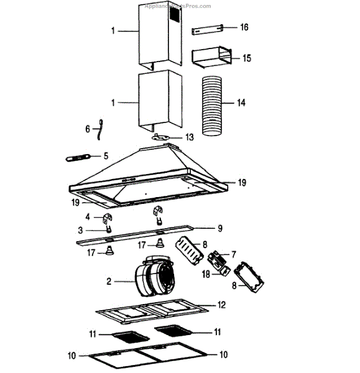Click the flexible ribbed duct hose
click(x=216, y=103)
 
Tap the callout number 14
click(x=242, y=102)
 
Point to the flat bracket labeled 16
click(x=206, y=29)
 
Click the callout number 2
click(x=109, y=282)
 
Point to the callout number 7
click(x=234, y=254)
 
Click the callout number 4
click(x=88, y=217)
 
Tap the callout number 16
click(x=244, y=28)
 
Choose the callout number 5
click(x=106, y=155)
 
